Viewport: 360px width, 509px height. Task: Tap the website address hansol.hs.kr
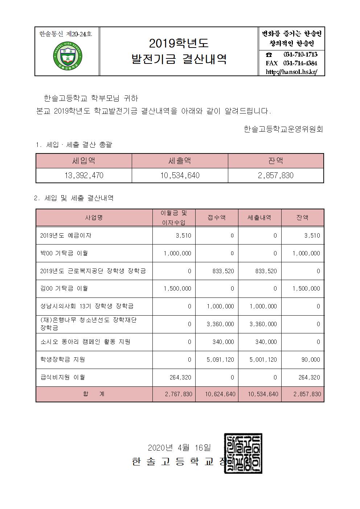click(x=291, y=71)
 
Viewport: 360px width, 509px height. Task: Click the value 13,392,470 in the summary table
click(x=84, y=176)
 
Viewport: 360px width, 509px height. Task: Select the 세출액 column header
click(x=180, y=161)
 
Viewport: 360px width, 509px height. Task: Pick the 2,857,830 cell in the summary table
click(x=276, y=176)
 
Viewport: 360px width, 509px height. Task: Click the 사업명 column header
click(x=94, y=218)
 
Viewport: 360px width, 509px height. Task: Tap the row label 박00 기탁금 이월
click(x=64, y=253)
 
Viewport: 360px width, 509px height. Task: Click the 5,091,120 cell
click(x=220, y=360)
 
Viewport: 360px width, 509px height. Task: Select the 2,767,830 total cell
click(x=178, y=394)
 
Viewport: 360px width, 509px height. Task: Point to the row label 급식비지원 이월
click(x=63, y=377)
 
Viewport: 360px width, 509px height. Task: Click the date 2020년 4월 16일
click(x=179, y=447)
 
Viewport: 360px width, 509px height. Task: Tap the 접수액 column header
click(x=217, y=218)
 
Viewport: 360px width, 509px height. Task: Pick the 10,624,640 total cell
click(x=220, y=394)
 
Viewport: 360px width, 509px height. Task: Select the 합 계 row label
click(x=94, y=394)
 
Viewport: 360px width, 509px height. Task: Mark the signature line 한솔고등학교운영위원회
click(x=283, y=129)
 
